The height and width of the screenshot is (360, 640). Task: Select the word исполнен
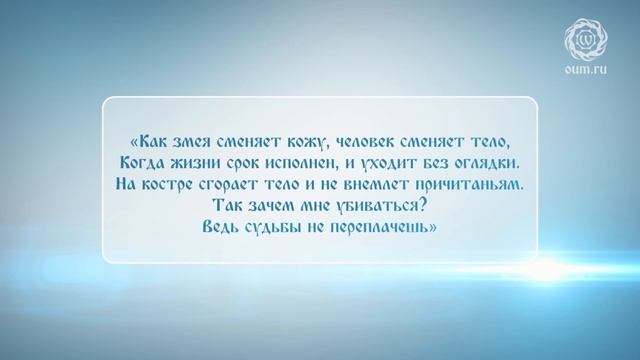click(312, 161)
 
